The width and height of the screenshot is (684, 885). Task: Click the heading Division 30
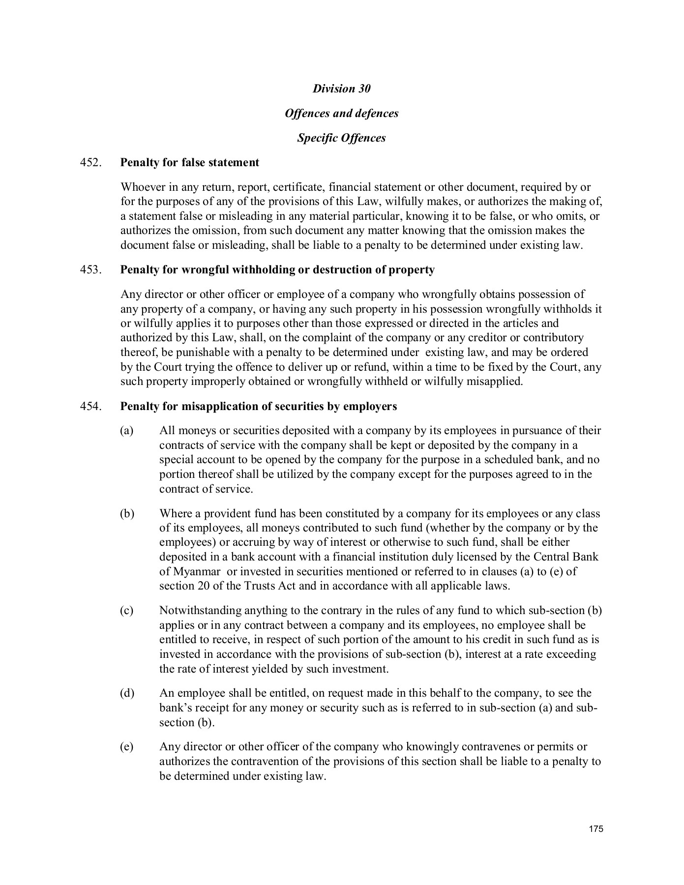coord(341,88)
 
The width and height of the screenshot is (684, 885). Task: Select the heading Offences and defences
coord(341,113)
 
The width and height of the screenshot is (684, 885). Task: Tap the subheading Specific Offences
coord(341,138)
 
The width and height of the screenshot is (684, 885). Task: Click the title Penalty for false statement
coord(190,162)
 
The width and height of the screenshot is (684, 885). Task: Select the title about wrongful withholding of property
coord(277,269)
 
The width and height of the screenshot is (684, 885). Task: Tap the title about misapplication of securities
coord(258,406)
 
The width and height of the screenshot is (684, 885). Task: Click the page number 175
coord(595,829)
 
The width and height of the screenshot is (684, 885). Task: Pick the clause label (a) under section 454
coord(127,431)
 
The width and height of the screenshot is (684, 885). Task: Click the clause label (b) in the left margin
coord(127,514)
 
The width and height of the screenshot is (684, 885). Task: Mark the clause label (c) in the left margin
coord(127,611)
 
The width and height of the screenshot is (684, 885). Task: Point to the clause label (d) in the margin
coord(127,693)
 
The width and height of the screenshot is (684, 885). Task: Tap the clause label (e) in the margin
coord(127,747)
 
